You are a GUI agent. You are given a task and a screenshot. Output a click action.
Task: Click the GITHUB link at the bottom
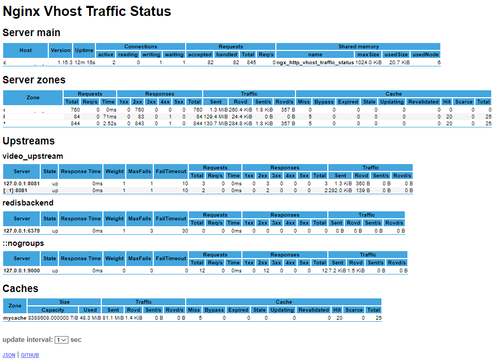(30, 355)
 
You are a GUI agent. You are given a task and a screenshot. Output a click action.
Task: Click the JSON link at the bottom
(8, 355)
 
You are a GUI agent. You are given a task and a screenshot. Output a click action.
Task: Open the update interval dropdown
(61, 340)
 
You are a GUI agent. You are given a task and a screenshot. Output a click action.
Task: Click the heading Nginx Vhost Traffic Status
(87, 11)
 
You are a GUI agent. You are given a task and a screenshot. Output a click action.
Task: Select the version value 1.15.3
(65, 63)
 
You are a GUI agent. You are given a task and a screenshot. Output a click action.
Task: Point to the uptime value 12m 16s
(84, 63)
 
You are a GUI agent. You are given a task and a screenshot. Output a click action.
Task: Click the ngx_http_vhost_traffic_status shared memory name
(315, 63)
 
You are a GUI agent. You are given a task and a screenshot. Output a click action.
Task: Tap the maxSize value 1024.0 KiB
(369, 63)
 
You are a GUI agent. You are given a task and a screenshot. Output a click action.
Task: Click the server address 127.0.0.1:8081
(21, 183)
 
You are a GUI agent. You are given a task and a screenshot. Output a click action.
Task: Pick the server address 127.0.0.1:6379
(21, 231)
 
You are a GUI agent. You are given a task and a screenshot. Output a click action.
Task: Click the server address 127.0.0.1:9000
(21, 271)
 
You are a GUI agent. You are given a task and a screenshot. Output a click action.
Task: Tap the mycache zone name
(15, 318)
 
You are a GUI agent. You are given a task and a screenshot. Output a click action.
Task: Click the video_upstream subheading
(33, 156)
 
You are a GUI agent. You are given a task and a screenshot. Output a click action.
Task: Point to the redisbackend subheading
(28, 203)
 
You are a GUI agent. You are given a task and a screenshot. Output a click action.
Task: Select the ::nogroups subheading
(23, 243)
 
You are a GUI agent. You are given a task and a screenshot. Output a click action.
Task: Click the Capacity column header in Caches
(53, 310)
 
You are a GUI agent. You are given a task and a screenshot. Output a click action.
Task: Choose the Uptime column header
(84, 50)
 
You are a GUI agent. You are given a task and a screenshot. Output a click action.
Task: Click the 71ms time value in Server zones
(109, 116)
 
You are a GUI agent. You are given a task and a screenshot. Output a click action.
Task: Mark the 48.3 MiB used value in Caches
(90, 318)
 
